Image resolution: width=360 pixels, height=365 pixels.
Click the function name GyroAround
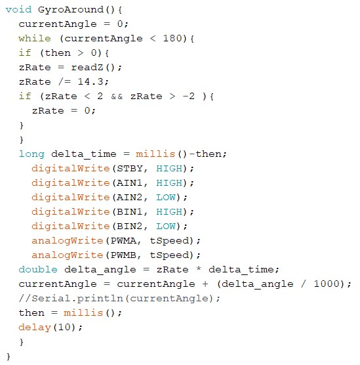click(70, 10)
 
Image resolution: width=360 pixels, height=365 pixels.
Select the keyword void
click(18, 10)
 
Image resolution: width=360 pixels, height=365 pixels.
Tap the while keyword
click(35, 39)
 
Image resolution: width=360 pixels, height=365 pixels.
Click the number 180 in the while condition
click(172, 39)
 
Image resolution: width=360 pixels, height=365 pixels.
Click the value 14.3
click(91, 81)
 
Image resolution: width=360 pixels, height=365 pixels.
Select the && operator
click(117, 96)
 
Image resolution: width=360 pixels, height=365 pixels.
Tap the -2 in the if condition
click(189, 96)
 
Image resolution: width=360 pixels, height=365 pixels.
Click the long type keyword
click(31, 154)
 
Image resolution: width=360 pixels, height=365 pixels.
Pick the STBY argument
click(130, 168)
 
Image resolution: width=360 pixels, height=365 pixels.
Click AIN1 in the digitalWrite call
click(130, 182)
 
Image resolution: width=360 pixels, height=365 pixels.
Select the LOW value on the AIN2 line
click(166, 197)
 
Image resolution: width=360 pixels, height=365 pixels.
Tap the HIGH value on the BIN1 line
click(169, 211)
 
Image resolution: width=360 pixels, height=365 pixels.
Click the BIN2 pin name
click(130, 226)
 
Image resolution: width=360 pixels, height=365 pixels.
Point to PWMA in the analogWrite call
click(123, 240)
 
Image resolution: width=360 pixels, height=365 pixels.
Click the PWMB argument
click(123, 255)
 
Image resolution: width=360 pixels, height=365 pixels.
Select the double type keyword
click(38, 269)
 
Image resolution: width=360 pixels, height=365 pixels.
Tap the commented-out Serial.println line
click(119, 299)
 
